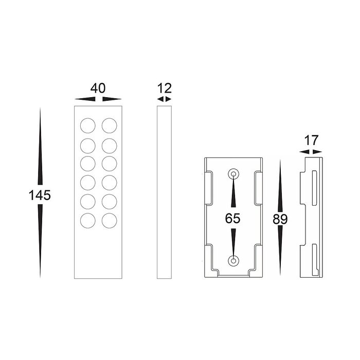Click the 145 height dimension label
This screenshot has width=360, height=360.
point(40,195)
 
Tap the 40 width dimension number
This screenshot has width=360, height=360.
point(98,88)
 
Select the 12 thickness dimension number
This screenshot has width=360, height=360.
point(165,88)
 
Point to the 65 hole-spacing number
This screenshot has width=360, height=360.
point(232,219)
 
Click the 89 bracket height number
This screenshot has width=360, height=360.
point(280,219)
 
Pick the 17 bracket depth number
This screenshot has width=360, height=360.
point(311,140)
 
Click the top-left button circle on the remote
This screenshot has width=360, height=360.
point(88,125)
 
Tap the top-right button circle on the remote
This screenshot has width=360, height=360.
point(109,125)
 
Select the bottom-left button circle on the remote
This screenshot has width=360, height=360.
point(88,221)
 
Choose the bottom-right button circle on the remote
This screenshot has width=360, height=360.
point(109,221)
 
